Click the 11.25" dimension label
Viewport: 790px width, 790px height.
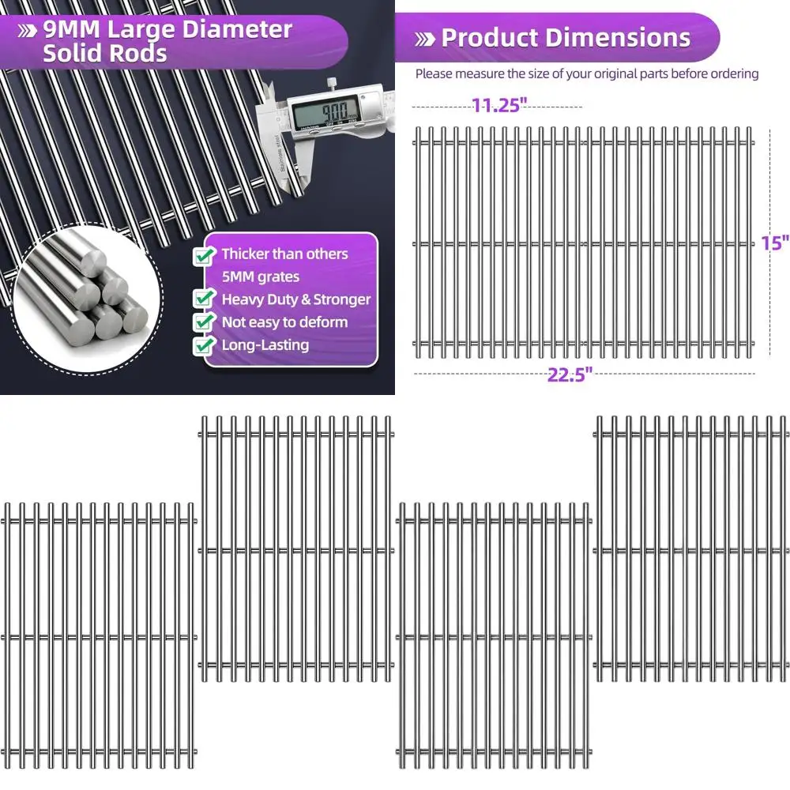pyautogui.click(x=499, y=106)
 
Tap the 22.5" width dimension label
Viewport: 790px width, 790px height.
pyautogui.click(x=570, y=375)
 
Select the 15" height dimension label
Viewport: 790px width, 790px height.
pyautogui.click(x=775, y=243)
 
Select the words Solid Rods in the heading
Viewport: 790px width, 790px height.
pyautogui.click(x=104, y=54)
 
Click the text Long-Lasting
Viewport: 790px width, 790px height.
pyautogui.click(x=265, y=345)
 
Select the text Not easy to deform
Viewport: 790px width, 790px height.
pyautogui.click(x=284, y=322)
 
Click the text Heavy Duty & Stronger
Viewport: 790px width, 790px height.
pyautogui.click(x=295, y=299)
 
